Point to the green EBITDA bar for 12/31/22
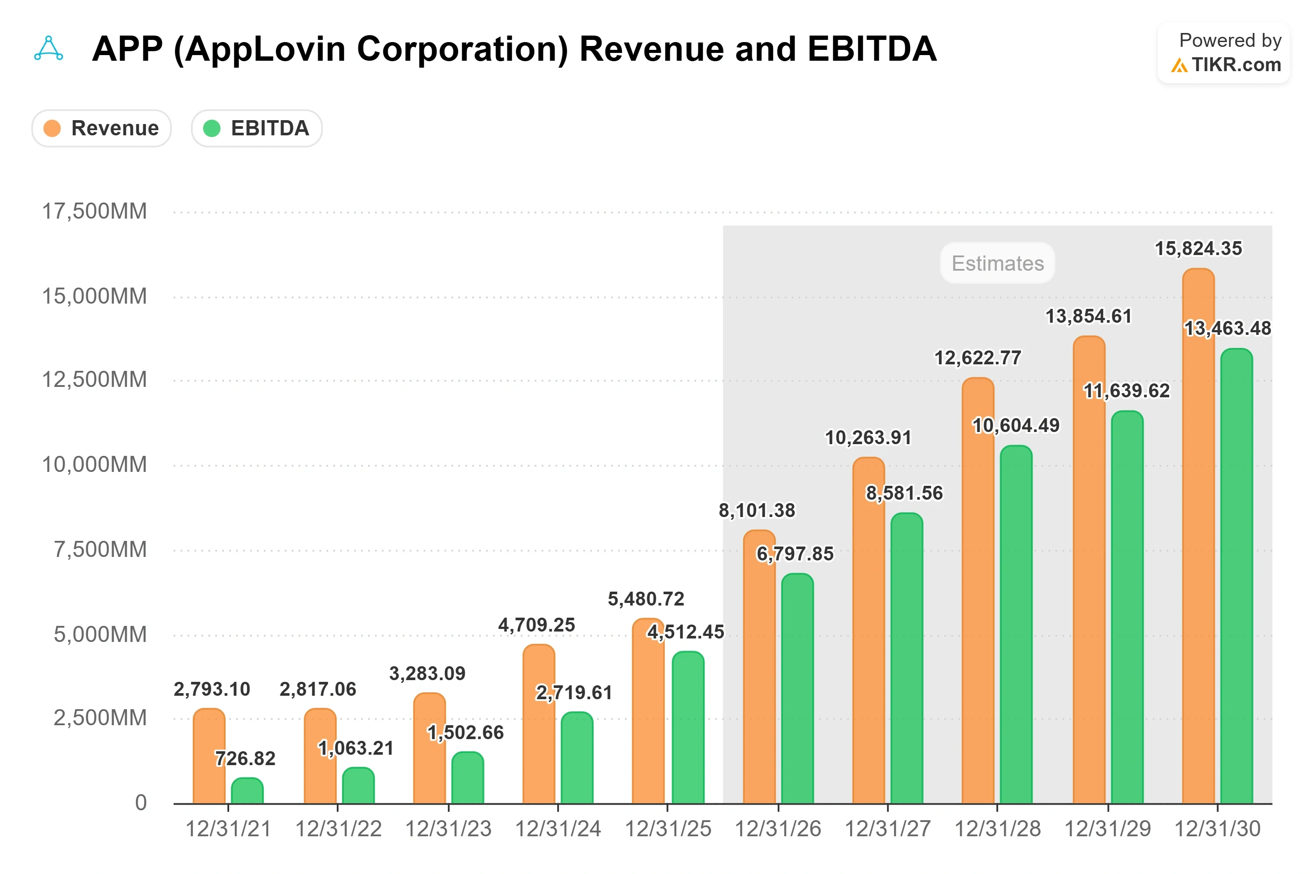[x=358, y=786]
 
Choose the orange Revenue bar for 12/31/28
[x=977, y=590]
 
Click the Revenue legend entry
[x=102, y=128]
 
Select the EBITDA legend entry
[x=256, y=128]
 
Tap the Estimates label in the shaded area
[x=997, y=263]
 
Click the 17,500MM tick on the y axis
[x=94, y=211]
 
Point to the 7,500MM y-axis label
[x=100, y=550]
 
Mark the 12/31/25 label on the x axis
[x=668, y=829]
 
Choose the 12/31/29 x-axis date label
[x=1107, y=829]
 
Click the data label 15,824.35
[x=1198, y=249]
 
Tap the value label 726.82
[x=245, y=758]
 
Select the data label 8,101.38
[x=756, y=510]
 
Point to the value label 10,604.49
[x=1016, y=426]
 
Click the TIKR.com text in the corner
[x=1236, y=65]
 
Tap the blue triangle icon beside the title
[x=49, y=49]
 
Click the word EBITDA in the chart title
[x=871, y=49]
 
